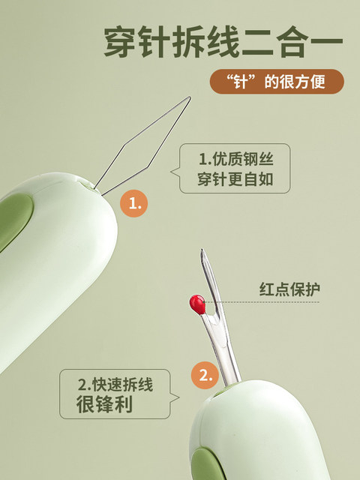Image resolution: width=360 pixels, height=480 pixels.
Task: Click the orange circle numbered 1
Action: click(133, 203)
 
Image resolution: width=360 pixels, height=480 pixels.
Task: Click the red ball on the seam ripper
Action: click(196, 302)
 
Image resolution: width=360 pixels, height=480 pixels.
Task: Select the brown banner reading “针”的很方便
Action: click(277, 82)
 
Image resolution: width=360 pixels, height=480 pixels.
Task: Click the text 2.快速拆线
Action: click(115, 385)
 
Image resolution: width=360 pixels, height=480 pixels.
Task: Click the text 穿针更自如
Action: click(234, 181)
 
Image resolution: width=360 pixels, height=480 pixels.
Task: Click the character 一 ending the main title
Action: click(325, 43)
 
